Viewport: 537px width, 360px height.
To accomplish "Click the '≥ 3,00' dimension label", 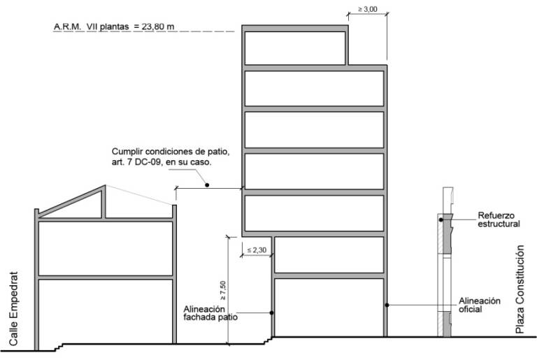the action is click(368, 9).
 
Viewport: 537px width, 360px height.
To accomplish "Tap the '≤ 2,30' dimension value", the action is click(257, 250).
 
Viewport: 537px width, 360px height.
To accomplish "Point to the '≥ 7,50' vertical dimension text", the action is click(223, 291).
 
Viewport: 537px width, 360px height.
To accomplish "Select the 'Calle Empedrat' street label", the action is click(13, 309).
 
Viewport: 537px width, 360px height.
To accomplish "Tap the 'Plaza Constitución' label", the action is click(520, 289).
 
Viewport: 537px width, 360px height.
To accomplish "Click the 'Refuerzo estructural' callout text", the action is click(499, 220).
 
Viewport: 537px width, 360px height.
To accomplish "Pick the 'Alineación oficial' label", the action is click(480, 305).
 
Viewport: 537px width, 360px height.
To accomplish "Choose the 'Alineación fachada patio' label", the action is click(210, 313).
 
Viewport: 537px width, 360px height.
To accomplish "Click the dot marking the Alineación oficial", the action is click(387, 305).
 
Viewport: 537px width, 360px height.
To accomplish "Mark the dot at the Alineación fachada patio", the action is click(271, 312).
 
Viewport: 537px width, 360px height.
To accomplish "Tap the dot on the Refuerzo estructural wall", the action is click(441, 219).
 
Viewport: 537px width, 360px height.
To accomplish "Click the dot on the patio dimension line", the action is click(207, 185).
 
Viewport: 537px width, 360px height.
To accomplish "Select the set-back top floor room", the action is click(295, 48).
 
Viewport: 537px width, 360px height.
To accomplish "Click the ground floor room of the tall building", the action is click(329, 308).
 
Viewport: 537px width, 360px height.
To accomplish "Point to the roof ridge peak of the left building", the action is click(105, 186).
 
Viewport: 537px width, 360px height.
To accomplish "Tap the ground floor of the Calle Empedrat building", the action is click(106, 311).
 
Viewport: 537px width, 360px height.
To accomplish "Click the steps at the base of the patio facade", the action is click(268, 340).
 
